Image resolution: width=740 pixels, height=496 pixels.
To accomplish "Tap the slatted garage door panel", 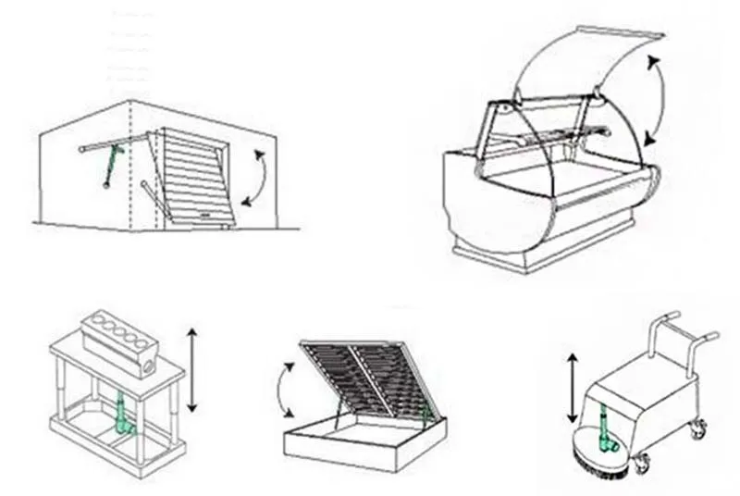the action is [197, 177].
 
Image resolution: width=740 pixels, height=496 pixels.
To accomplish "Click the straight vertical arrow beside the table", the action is [192, 368].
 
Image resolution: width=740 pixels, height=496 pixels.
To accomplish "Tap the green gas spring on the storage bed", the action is [426, 412].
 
